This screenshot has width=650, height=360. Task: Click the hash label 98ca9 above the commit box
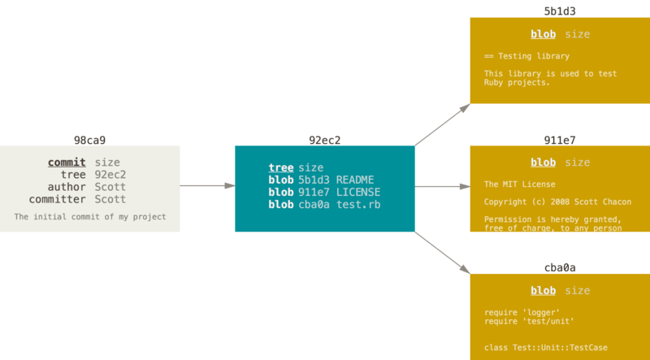(89, 140)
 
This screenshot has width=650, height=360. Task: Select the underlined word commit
(67, 163)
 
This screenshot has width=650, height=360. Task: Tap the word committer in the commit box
(57, 199)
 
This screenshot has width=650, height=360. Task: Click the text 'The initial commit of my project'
(90, 217)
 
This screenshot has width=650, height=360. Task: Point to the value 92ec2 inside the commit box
(110, 175)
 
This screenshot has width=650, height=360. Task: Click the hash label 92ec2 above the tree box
(325, 140)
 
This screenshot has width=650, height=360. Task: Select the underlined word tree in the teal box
(281, 167)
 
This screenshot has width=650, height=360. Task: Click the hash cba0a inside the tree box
(314, 204)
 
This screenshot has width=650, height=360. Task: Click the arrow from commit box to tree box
(207, 186)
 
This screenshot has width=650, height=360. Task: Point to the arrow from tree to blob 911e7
(443, 186)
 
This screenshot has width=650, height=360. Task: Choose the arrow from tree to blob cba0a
(443, 251)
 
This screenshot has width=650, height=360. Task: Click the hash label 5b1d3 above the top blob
(560, 11)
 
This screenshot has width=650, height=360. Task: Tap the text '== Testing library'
(526, 56)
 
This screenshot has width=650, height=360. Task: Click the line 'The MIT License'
(520, 184)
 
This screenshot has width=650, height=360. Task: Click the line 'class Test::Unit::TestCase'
(545, 348)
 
